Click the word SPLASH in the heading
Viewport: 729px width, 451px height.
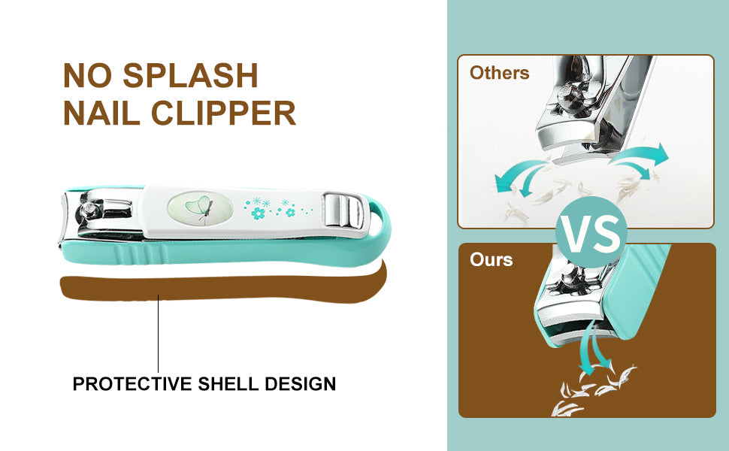190,75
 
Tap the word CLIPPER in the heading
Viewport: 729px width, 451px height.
224,113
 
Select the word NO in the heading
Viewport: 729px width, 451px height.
87,75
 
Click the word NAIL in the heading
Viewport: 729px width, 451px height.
101,113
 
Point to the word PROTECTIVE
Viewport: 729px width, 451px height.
132,384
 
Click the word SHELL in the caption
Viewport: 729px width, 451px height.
228,384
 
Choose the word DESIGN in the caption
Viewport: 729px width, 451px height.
301,384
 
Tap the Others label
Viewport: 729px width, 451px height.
499,73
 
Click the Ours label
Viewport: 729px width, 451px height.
491,259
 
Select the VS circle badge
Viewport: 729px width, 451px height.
591,232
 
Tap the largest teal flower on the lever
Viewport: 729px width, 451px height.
258,213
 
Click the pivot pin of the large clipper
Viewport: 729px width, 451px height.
86,210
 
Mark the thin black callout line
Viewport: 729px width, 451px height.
158,334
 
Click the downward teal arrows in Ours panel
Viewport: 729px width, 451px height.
594,349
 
